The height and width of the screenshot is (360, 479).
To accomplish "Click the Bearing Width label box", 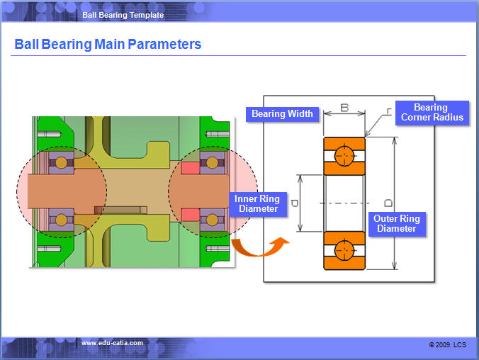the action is tap(282, 114).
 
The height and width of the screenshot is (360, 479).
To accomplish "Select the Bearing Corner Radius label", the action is tap(432, 113).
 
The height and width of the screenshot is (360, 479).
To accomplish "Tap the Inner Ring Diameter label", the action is tap(258, 204).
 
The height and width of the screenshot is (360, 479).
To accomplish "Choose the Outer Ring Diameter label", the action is tap(397, 224).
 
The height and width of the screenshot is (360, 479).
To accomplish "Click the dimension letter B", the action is tap(344, 108).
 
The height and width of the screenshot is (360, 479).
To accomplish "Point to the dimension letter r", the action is tap(389, 111).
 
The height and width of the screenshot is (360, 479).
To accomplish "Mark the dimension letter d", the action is tap(295, 203).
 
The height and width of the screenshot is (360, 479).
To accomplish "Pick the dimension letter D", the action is tap(388, 203).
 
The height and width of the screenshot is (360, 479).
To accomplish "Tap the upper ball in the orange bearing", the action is tap(344, 156).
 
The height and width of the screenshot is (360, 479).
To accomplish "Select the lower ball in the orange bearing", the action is tap(344, 251).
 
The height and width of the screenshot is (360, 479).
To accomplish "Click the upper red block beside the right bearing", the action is tap(191, 168).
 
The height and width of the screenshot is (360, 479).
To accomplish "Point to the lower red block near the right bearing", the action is tap(191, 215).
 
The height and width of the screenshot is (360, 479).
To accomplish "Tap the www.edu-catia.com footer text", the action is tap(112, 343).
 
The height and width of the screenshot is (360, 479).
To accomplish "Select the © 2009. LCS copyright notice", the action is tap(448, 344).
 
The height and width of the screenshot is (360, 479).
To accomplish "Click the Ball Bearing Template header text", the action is tap(123, 15).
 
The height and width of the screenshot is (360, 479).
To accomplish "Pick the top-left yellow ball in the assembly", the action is tap(61, 163).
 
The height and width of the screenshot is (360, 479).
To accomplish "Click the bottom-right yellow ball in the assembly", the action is tap(212, 220).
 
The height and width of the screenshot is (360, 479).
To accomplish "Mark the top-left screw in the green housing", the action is tap(49, 134).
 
